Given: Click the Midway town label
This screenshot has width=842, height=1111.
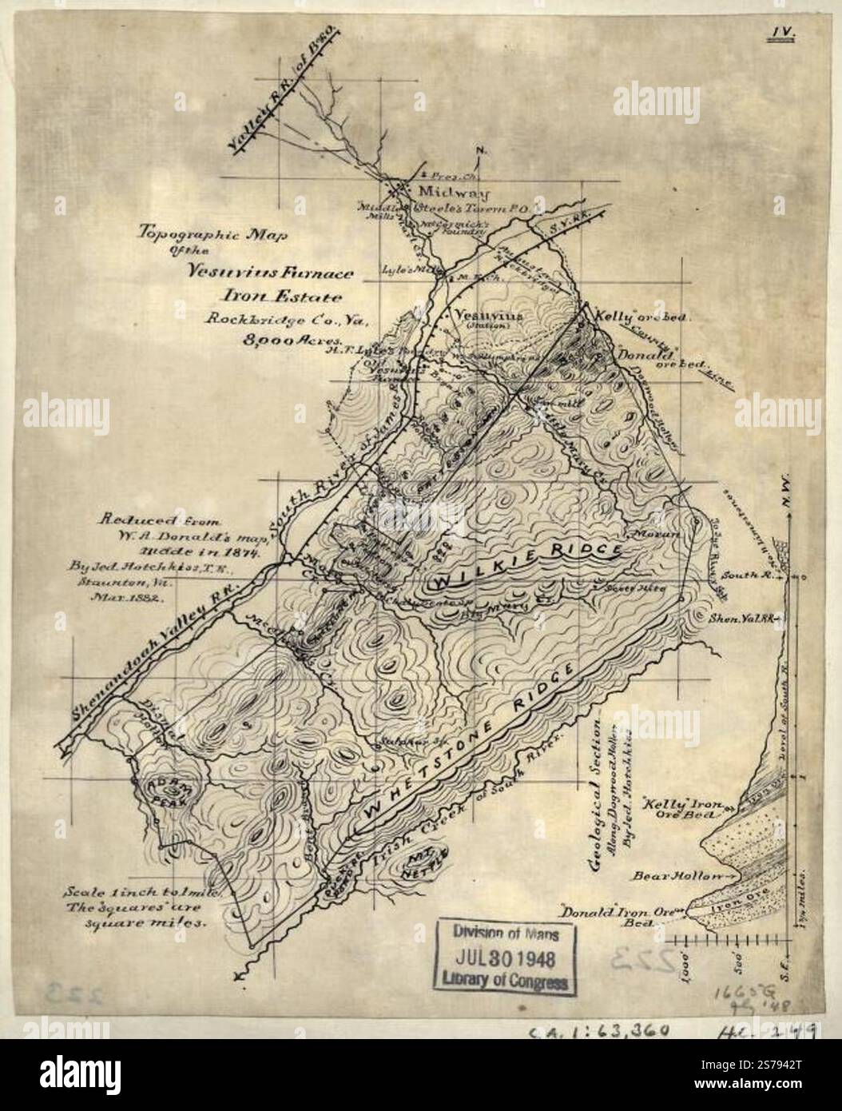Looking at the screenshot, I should click(438, 193).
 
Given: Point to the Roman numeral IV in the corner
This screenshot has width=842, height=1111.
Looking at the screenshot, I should click(777, 33).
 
